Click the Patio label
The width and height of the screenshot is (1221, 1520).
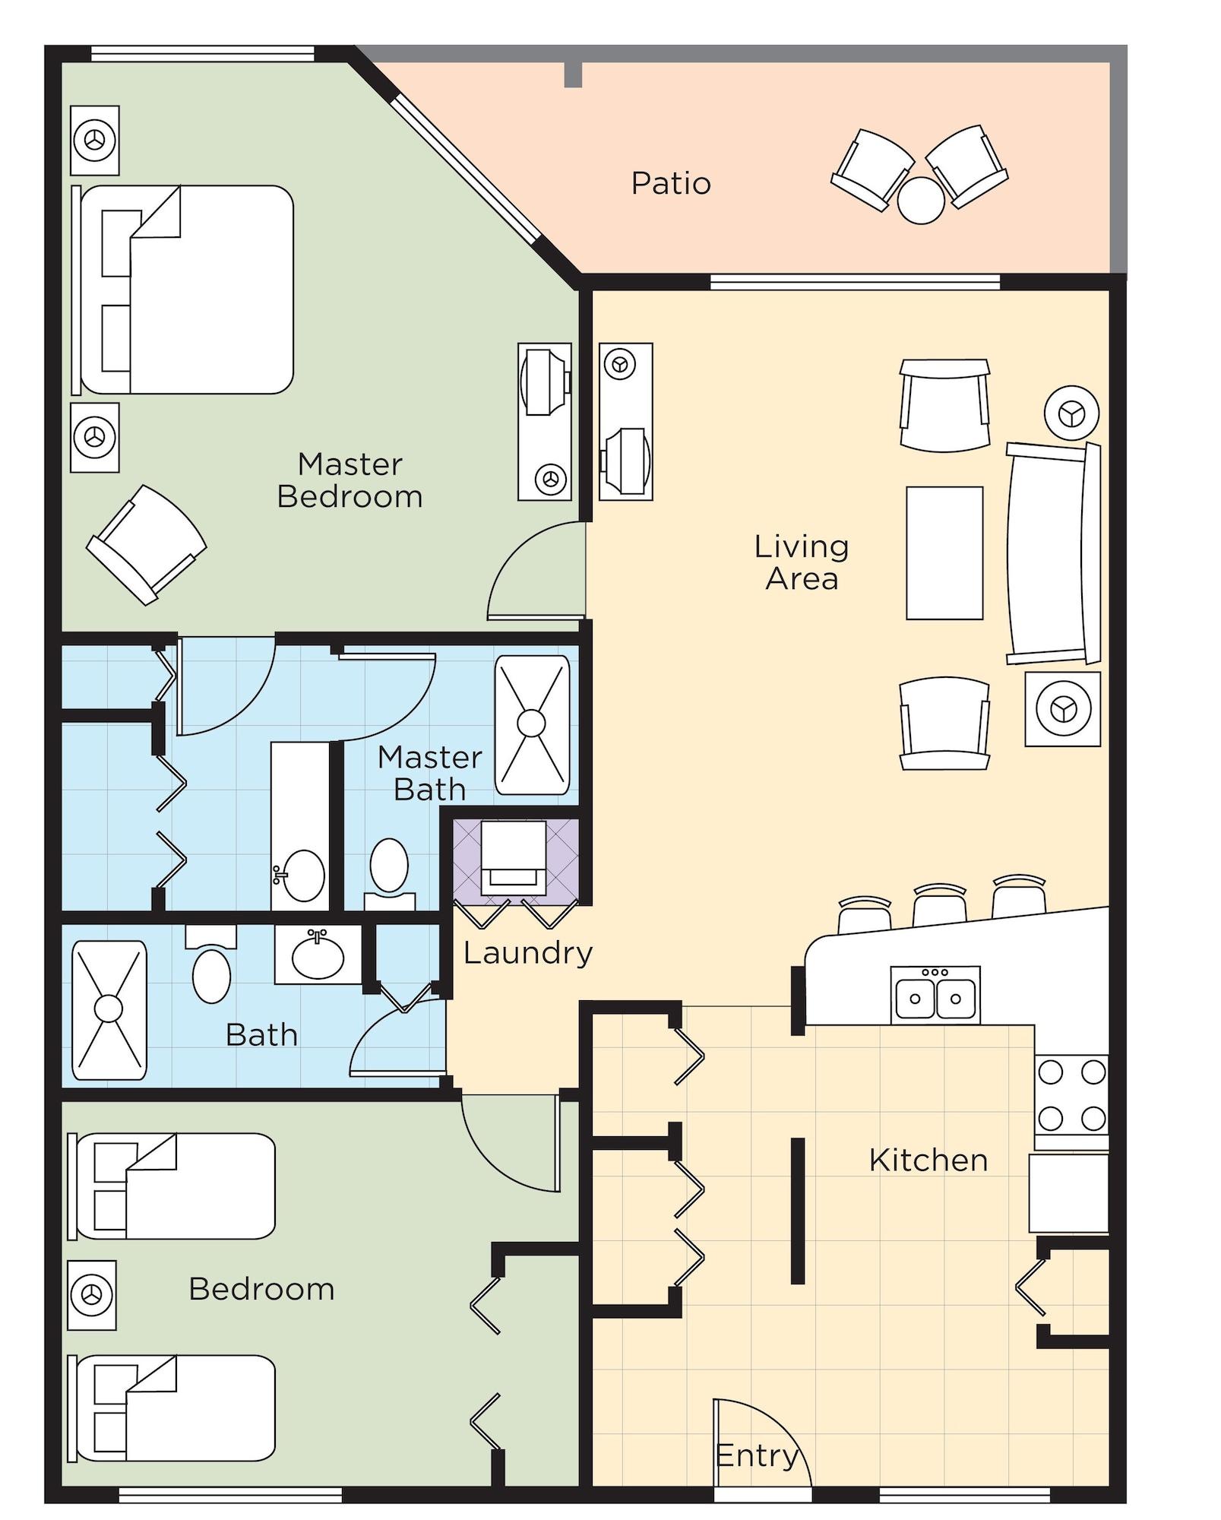point(670,183)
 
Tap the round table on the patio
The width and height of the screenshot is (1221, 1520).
point(920,201)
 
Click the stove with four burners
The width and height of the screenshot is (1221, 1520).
point(1071,1094)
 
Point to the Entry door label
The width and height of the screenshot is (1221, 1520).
point(756,1456)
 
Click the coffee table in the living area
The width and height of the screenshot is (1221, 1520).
point(944,553)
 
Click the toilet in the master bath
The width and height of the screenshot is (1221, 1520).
point(389,870)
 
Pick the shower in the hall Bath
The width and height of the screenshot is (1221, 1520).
point(109,1009)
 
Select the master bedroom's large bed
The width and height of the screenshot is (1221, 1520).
point(186,290)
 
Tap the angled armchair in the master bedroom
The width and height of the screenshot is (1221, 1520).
point(146,544)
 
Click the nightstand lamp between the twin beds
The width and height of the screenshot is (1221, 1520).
point(92,1295)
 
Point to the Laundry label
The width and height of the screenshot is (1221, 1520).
point(527,953)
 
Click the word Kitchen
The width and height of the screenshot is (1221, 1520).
point(928,1161)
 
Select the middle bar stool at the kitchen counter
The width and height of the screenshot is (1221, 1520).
point(939,906)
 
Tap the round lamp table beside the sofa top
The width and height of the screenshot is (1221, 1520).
point(1071,413)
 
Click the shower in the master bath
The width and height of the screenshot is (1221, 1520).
point(531,724)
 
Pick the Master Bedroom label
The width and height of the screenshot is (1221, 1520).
point(350,480)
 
